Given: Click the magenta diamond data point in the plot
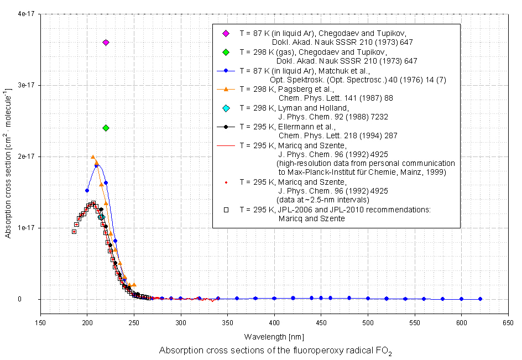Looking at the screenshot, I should [x=106, y=43].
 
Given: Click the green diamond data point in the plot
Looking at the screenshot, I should [x=106, y=128].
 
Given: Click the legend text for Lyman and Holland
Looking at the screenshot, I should [x=294, y=107].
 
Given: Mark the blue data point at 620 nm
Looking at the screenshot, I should [x=480, y=299].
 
